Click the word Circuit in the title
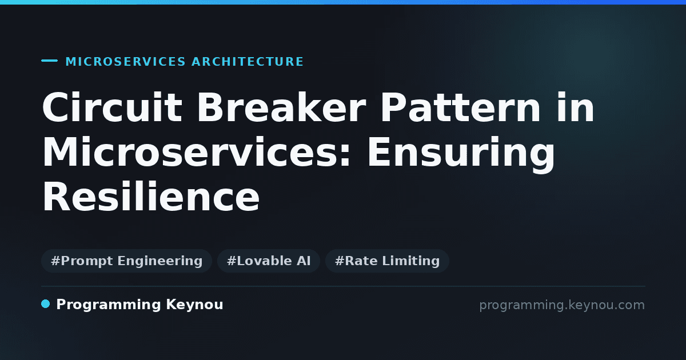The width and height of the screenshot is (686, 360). [112, 107]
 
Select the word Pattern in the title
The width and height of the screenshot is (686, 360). [460, 107]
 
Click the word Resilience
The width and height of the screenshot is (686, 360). [151, 197]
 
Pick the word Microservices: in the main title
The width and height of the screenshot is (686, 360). [196, 151]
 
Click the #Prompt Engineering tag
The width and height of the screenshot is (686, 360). [126, 261]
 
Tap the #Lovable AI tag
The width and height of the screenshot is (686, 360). [269, 261]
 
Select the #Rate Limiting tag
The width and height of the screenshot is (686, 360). [387, 261]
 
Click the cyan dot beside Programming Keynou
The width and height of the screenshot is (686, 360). [45, 304]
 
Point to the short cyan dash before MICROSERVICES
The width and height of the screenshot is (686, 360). [49, 61]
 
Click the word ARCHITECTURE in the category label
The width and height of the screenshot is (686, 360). [248, 62]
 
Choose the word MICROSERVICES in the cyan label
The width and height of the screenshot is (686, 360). [126, 62]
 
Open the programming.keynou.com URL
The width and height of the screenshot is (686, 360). [562, 305]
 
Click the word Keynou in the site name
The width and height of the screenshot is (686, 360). [194, 305]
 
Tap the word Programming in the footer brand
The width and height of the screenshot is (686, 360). [109, 305]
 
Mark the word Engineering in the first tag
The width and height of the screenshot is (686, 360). [160, 261]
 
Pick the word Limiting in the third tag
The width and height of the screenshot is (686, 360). [410, 261]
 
